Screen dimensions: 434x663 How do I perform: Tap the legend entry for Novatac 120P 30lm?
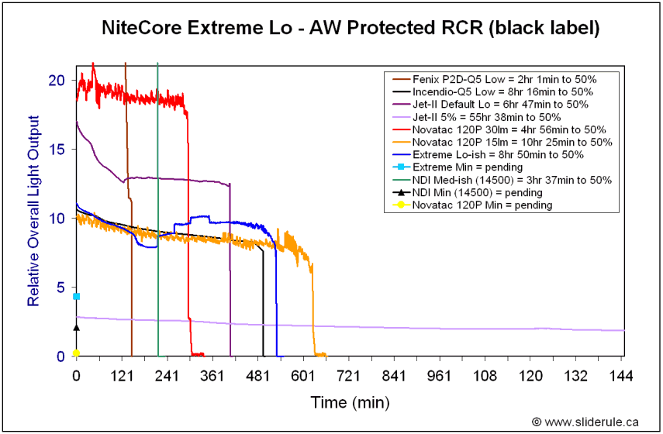coord(504,129)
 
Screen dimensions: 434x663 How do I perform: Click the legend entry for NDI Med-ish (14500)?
coord(504,180)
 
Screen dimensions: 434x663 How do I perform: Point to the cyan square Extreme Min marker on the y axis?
coord(76,296)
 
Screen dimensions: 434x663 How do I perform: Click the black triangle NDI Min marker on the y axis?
coord(76,327)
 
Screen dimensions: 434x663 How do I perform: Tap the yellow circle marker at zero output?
coord(76,353)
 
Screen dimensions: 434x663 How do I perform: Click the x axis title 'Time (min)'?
coord(350,403)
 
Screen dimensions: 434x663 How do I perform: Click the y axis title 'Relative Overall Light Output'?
coord(33,211)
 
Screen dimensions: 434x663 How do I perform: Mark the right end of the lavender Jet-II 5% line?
coord(623,330)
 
